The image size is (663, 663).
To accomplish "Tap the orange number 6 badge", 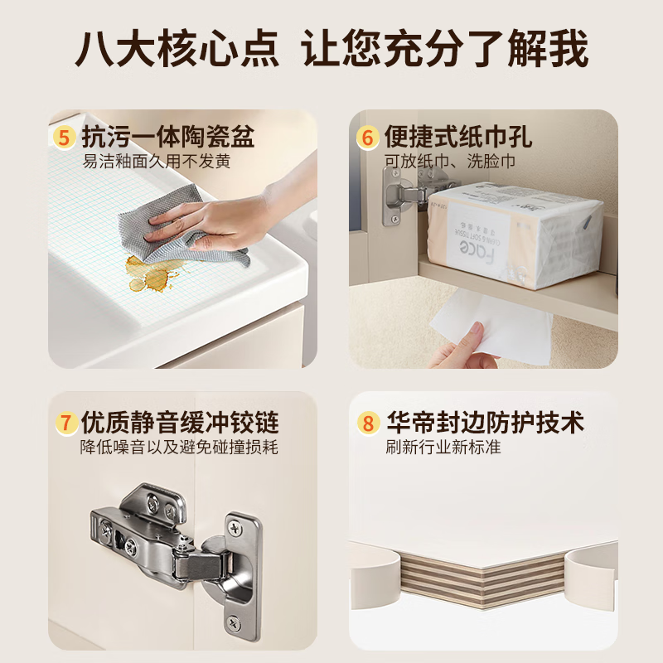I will (368, 137).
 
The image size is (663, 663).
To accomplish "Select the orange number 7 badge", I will (65, 423).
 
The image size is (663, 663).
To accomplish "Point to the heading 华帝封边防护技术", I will (485, 423).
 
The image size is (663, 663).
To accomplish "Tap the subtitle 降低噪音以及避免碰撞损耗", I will (178, 448).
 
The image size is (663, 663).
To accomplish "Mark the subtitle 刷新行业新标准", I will (443, 448).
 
